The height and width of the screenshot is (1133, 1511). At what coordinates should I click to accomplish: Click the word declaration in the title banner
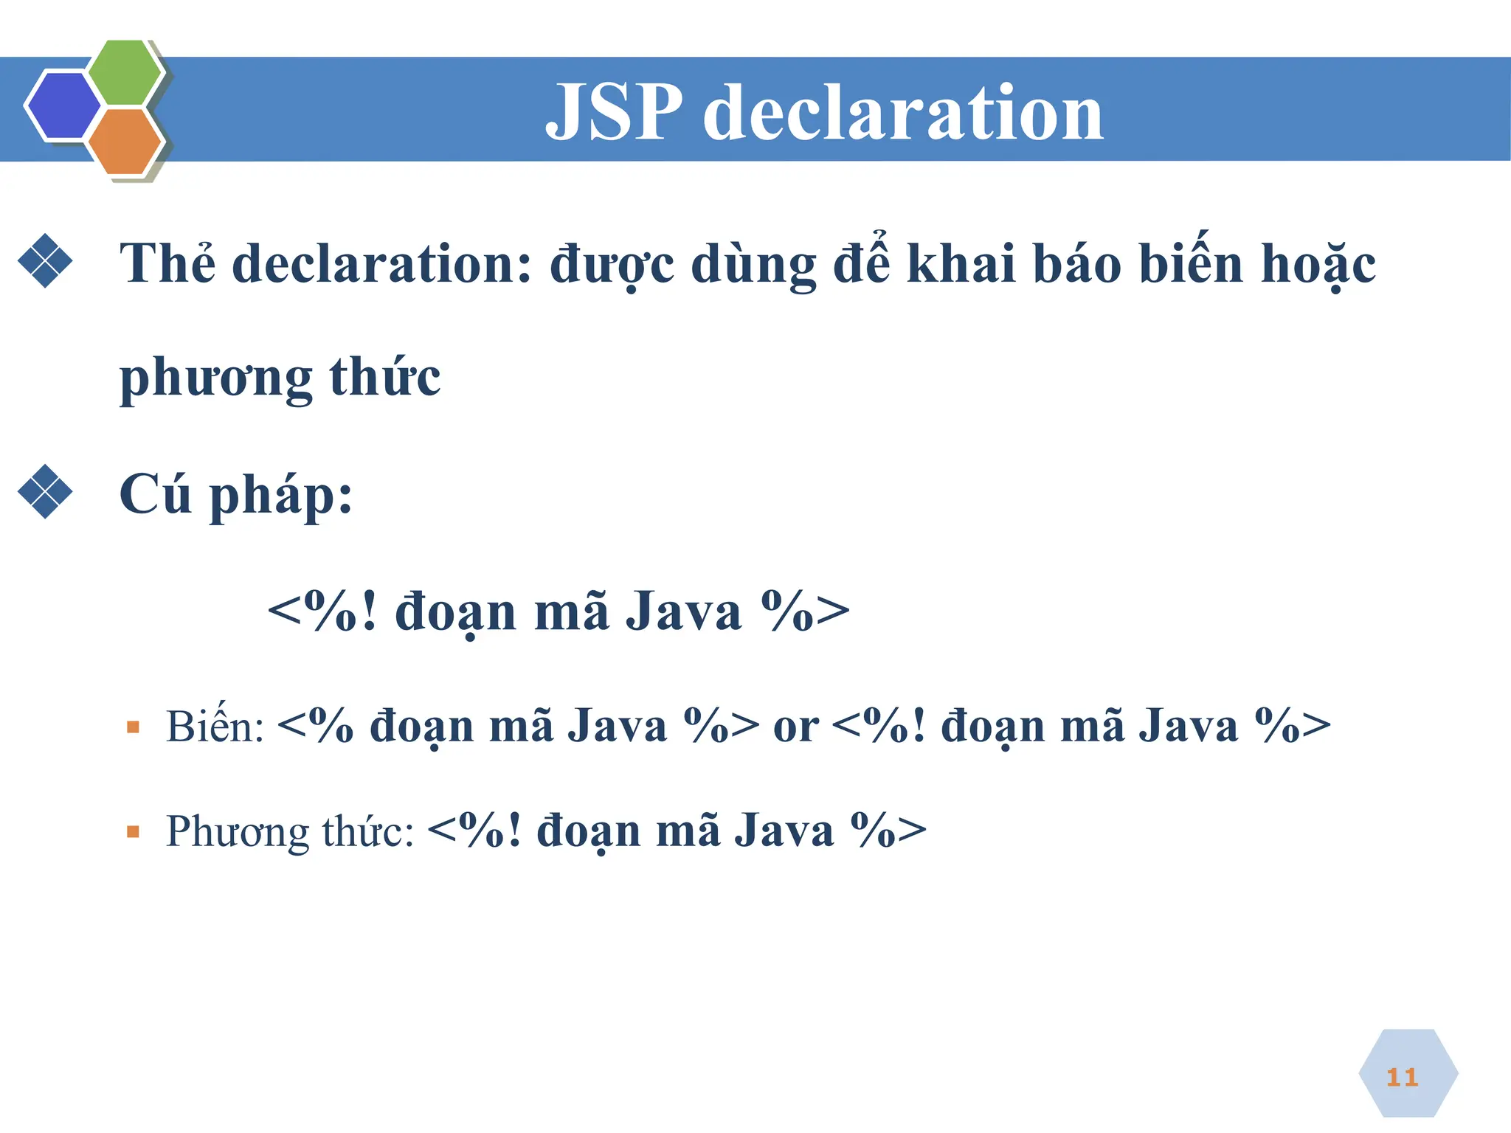coord(903,112)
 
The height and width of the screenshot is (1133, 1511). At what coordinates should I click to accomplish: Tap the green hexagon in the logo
coord(125,72)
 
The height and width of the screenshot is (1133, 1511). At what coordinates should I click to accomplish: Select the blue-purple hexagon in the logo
coord(63,105)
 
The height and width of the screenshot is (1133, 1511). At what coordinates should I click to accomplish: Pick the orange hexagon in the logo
coord(125,142)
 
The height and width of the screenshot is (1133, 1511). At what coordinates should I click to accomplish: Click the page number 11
coord(1402,1078)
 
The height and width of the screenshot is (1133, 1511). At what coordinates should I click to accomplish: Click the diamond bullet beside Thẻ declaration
coord(45,260)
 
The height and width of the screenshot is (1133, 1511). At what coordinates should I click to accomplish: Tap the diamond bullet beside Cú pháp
coord(45,491)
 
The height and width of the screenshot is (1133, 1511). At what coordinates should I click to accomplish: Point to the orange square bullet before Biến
coord(133,727)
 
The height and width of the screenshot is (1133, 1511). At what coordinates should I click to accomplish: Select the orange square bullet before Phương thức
coord(133,832)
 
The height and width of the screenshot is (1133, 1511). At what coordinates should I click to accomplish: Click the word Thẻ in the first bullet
coord(167,263)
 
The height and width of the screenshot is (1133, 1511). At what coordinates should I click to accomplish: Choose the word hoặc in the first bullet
coord(1318,264)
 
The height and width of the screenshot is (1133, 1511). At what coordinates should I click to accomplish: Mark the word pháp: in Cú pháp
coord(281,496)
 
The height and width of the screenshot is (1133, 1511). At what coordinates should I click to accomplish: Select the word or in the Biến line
coord(795,727)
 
